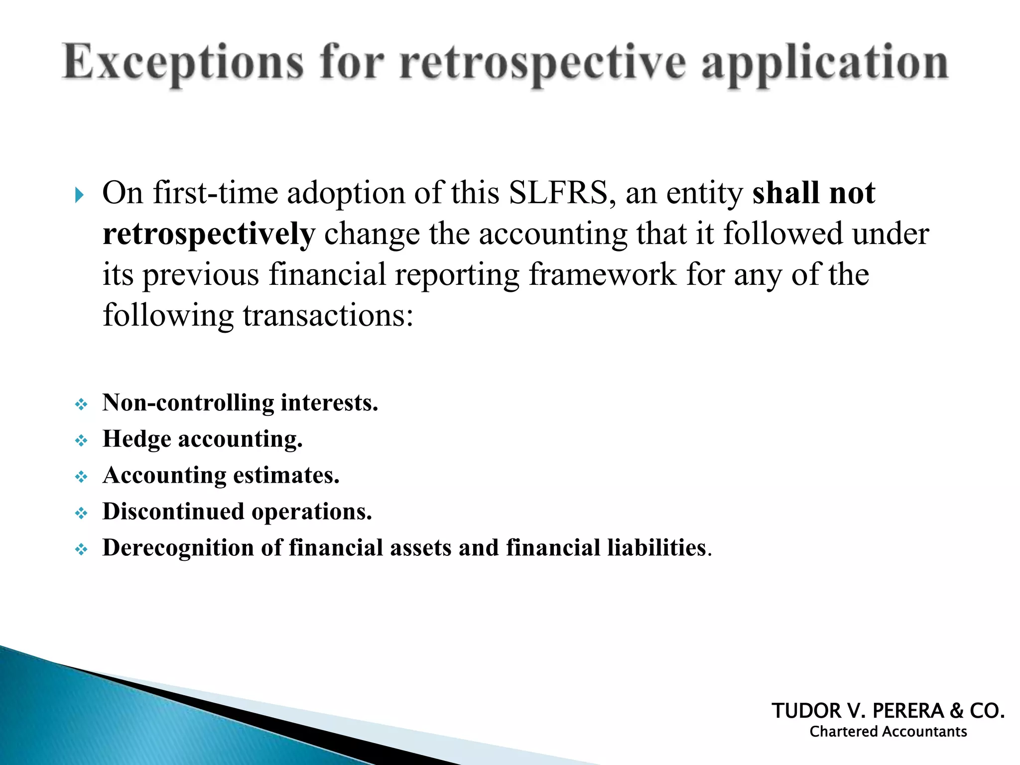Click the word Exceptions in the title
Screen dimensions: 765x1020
coord(182,63)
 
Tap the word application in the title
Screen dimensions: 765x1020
coord(824,63)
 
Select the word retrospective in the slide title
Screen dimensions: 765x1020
coord(542,63)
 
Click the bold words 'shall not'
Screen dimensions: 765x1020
coord(813,193)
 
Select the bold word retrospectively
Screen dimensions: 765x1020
coord(209,234)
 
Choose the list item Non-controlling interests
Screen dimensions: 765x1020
coord(240,402)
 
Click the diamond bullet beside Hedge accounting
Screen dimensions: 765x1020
coord(81,441)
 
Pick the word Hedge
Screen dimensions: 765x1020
coord(137,439)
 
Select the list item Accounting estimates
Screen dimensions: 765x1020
coord(221,475)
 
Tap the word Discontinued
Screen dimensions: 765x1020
coord(173,511)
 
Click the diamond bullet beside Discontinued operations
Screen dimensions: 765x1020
coord(81,513)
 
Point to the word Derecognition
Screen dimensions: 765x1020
coord(178,548)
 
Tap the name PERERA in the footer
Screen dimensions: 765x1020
coord(907,711)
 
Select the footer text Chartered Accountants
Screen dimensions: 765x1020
coord(888,732)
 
